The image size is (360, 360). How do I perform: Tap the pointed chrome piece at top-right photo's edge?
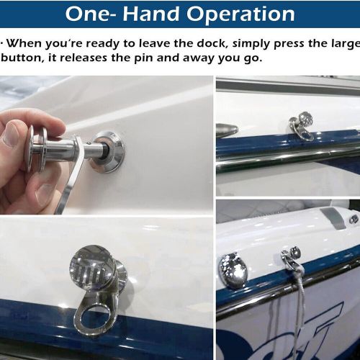(226, 130)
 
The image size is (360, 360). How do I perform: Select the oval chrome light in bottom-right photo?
(233, 270)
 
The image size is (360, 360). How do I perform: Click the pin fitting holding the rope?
(292, 257)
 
